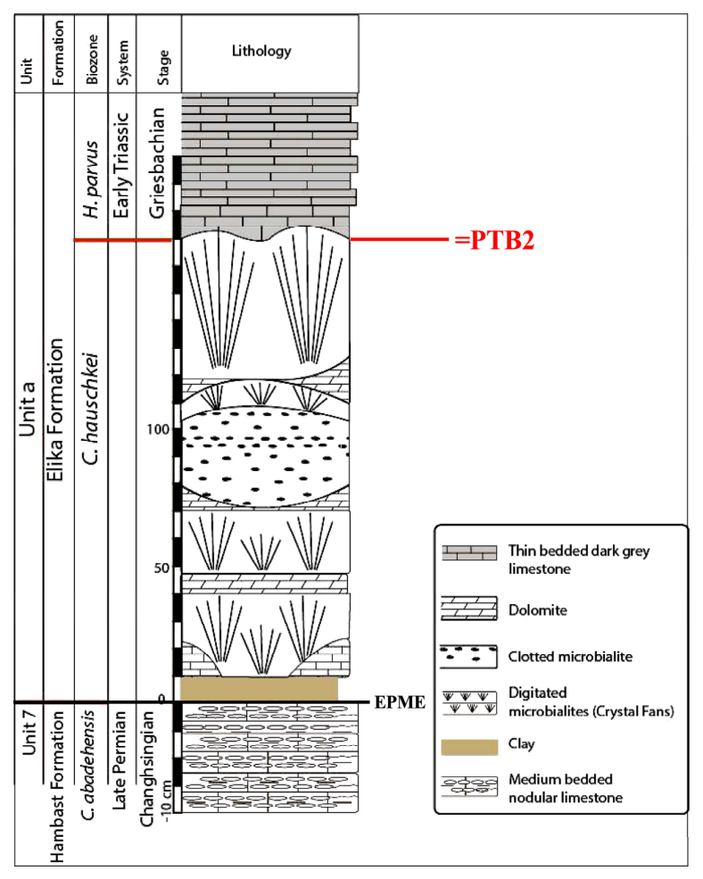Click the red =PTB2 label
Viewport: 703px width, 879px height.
pos(494,240)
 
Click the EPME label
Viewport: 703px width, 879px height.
pos(400,702)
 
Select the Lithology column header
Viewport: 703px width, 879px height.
pos(261,51)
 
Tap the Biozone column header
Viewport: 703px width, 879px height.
pos(91,60)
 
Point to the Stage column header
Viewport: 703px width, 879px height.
pos(163,67)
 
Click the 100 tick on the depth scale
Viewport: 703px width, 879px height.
pos(158,429)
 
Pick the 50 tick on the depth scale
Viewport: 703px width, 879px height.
pos(161,568)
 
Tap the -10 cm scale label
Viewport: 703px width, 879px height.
pos(167,801)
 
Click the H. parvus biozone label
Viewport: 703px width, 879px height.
pos(90,179)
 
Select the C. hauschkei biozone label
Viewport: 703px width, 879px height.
pos(91,408)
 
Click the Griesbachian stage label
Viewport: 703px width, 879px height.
pos(156,162)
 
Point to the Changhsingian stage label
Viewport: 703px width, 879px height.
pos(147,769)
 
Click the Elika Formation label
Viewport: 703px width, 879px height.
pos(55,410)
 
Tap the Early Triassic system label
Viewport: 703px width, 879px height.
pos(121,166)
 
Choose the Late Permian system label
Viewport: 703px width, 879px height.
pos(119,760)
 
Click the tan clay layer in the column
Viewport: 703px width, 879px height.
pos(259,689)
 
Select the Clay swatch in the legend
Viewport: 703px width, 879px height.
pos(469,747)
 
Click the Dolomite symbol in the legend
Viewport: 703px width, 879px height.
pos(469,609)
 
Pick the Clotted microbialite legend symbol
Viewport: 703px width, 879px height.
pos(468,657)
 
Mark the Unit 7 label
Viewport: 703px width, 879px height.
pos(29,732)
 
